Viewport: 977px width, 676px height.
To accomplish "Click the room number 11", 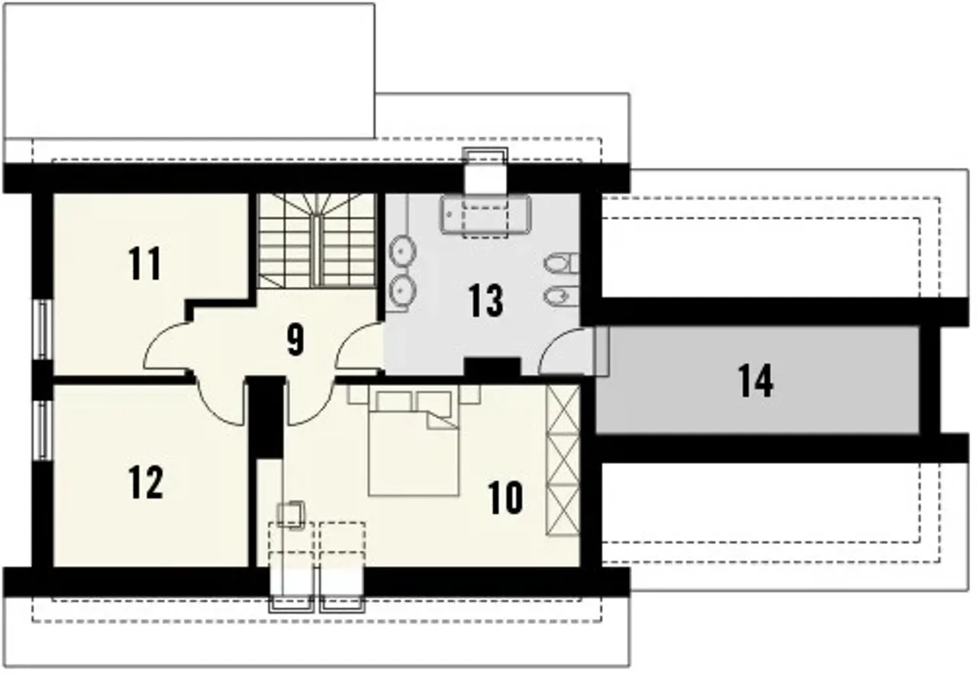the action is click(145, 263).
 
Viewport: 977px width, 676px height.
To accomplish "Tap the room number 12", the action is click(146, 482).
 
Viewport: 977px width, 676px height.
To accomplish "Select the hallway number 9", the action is click(295, 340).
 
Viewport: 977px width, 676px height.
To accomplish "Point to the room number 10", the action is click(505, 497).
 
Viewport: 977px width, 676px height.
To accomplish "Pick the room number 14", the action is click(756, 381).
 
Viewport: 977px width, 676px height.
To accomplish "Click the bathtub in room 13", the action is click(485, 215).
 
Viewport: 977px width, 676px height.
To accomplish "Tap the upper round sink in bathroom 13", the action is click(402, 251).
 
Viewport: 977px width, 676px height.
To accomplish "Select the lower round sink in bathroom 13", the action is click(402, 288).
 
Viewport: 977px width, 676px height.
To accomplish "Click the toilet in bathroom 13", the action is click(562, 263).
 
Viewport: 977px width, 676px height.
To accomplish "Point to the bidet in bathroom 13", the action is click(562, 296).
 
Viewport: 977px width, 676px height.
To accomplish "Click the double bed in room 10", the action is click(414, 443).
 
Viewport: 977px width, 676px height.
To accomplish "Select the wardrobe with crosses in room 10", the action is click(563, 461).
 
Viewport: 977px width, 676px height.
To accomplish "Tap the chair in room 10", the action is click(292, 515).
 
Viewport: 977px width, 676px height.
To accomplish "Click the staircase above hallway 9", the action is click(317, 240).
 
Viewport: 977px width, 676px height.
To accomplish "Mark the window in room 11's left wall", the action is click(42, 330).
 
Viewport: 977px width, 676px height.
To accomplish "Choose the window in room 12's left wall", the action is click(42, 430).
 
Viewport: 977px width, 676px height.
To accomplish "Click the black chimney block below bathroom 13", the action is click(492, 367).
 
